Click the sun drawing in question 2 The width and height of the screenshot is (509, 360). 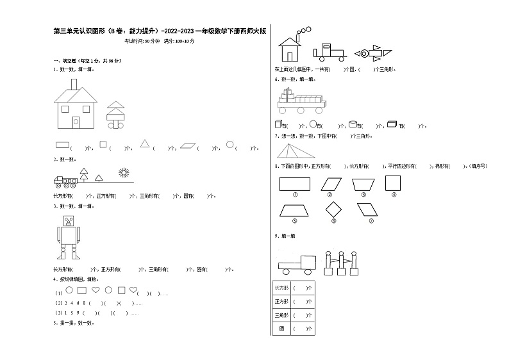(123, 172)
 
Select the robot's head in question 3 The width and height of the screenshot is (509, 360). (68, 223)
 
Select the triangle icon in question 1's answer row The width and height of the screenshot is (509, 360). (146, 144)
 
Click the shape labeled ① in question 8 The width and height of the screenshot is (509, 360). (295, 183)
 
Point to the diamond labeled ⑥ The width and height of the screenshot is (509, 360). (333, 209)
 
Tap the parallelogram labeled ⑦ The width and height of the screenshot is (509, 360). (371, 209)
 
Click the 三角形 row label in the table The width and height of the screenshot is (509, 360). (280, 315)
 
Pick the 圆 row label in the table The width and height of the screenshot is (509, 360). (280, 329)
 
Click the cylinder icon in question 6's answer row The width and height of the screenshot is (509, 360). (353, 124)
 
